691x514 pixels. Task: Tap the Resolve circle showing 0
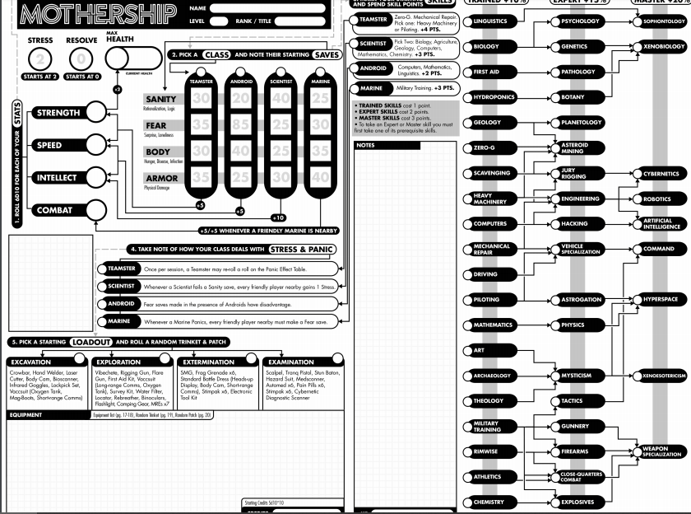click(81, 59)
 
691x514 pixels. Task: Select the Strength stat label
click(58, 113)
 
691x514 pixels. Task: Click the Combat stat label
click(54, 210)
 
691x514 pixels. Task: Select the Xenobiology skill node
click(663, 47)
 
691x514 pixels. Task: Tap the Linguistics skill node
click(492, 21)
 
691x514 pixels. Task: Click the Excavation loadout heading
click(31, 362)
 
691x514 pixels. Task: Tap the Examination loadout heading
click(290, 362)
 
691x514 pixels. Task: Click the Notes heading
click(365, 146)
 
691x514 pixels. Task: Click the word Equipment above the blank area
click(25, 415)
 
